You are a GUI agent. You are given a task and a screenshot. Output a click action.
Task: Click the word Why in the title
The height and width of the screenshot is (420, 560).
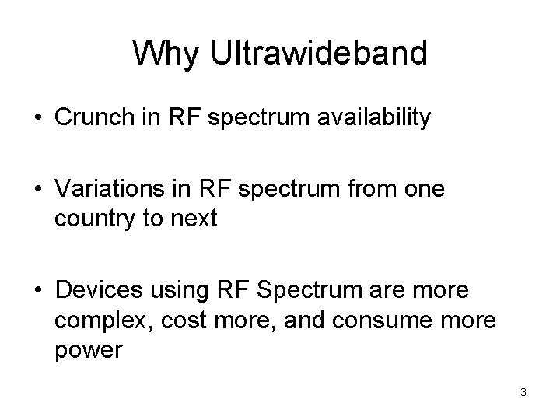point(163,54)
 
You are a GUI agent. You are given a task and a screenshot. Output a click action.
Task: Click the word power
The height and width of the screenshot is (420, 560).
point(89,350)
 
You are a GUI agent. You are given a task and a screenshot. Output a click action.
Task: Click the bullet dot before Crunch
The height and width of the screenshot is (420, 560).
point(38,119)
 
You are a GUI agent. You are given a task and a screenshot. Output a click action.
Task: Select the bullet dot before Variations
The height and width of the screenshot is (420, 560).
point(38,191)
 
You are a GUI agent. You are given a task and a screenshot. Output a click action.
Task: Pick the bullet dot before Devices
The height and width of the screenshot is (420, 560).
point(38,292)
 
